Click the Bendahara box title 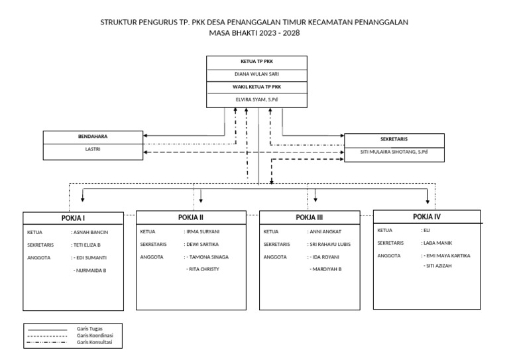point(93,137)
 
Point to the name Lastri point(93,149)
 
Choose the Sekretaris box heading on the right point(394,139)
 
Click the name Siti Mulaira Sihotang point(394,152)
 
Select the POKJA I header point(73,218)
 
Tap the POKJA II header point(190,217)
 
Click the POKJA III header point(310,217)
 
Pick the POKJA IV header point(426,216)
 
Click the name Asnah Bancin point(90,233)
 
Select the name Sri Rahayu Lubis point(329,244)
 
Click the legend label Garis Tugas point(89,328)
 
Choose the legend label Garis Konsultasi point(94,342)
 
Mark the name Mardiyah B point(325,269)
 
